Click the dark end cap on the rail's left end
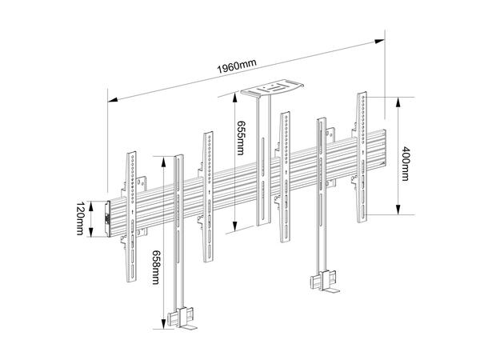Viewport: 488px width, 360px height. pyautogui.click(x=109, y=218)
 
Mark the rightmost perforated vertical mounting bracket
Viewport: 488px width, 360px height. pyautogui.click(x=364, y=152)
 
